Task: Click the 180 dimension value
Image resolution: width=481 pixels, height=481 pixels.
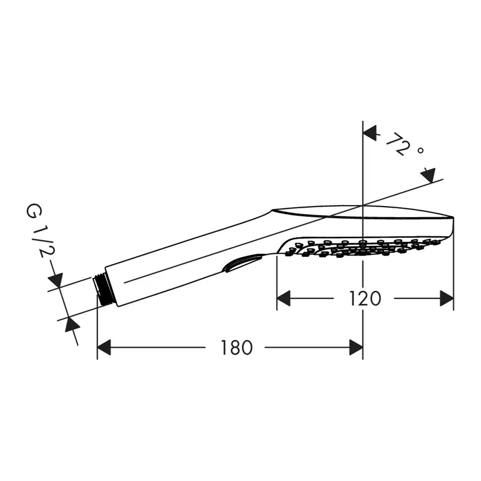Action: [236, 347]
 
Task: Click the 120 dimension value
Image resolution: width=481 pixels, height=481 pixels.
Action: [365, 298]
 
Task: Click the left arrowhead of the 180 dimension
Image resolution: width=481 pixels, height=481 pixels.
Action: [104, 347]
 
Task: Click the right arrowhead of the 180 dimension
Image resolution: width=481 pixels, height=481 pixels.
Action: [356, 347]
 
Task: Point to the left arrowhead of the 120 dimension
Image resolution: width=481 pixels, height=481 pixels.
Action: [283, 298]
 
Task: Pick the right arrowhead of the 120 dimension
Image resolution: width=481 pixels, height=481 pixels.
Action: [447, 298]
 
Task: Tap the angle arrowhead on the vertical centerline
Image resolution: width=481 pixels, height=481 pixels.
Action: [370, 133]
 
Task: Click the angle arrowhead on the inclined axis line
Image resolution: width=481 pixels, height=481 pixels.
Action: [428, 175]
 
